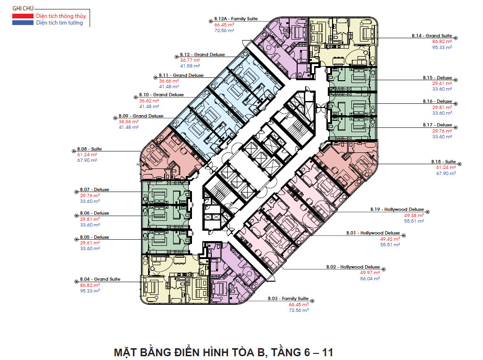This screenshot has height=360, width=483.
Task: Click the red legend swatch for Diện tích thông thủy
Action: click(x=23, y=16)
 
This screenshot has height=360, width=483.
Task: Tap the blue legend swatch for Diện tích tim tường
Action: click(x=23, y=23)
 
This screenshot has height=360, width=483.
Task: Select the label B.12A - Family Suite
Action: click(x=236, y=19)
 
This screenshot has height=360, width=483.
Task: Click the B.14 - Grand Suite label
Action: click(x=432, y=36)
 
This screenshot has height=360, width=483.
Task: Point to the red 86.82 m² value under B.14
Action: click(x=442, y=42)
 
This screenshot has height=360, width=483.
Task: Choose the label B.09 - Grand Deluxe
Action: click(x=141, y=116)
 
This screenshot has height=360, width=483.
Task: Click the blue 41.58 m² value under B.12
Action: click(x=190, y=66)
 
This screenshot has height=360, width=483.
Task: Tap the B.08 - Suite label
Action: click(x=89, y=149)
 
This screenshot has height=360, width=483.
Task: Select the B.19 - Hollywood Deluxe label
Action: click(x=397, y=209)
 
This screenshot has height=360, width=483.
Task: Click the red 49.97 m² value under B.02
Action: click(x=370, y=273)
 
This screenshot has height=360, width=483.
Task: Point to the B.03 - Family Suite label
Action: click(x=288, y=299)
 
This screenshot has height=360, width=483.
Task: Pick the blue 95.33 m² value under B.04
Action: click(x=90, y=291)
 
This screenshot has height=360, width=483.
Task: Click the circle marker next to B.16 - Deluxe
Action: click(x=456, y=104)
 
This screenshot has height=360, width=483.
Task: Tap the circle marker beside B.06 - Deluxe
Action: click(x=76, y=216)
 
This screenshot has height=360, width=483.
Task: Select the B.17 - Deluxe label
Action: click(x=437, y=125)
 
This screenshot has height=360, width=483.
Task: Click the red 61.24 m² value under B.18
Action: click(x=446, y=167)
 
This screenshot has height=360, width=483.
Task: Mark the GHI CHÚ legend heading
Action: click(x=23, y=8)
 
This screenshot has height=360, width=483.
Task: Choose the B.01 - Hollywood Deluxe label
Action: click(x=373, y=233)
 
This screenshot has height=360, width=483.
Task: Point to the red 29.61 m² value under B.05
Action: click(x=90, y=243)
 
